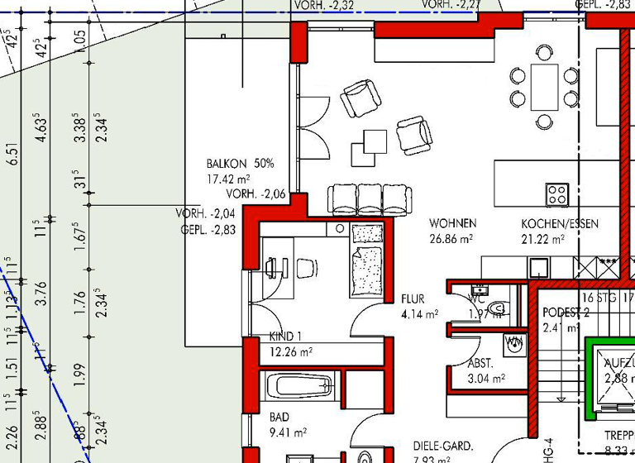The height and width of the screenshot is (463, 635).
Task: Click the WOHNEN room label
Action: (452, 224)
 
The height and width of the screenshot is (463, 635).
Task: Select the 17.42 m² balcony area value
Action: (228, 179)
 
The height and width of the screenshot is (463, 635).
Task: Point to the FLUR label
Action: (413, 299)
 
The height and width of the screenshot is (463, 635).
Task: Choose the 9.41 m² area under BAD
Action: (288, 432)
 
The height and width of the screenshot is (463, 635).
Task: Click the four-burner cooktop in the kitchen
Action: (557, 194)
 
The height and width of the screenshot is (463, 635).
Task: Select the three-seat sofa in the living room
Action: (370, 198)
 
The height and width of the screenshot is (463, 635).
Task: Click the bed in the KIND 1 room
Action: (367, 260)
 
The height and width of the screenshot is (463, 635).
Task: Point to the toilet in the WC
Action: (496, 308)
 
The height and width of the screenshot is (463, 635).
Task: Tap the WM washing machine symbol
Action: (514, 342)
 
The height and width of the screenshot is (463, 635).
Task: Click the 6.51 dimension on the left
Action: (11, 155)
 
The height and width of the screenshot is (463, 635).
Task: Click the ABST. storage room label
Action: (480, 364)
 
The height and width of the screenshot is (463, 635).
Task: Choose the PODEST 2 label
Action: (566, 313)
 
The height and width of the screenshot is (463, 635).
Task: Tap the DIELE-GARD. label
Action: (443, 446)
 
